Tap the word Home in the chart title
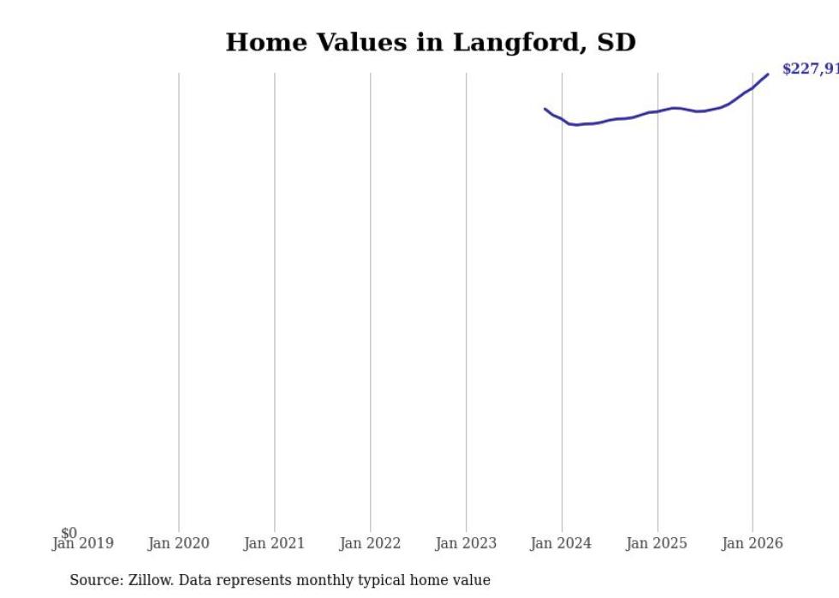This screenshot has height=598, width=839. click(260, 42)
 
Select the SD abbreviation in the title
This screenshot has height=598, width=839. click(616, 42)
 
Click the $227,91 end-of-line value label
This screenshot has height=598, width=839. click(810, 69)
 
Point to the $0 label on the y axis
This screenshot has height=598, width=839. click(68, 533)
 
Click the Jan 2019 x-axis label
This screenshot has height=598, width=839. click(82, 543)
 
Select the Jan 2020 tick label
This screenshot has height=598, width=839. click(178, 543)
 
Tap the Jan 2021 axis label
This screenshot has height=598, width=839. click(274, 543)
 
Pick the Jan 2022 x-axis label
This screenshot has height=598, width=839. click(370, 543)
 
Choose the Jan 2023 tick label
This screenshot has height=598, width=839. click(466, 543)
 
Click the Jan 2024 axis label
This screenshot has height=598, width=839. click(561, 543)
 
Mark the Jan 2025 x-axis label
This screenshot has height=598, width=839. click(657, 543)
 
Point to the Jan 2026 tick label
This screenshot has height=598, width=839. click(753, 543)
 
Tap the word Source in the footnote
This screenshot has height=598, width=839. click(96, 580)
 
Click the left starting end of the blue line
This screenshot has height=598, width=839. click(545, 109)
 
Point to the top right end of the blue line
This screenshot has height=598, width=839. click(767, 74)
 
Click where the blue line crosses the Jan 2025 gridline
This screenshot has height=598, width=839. click(658, 111)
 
